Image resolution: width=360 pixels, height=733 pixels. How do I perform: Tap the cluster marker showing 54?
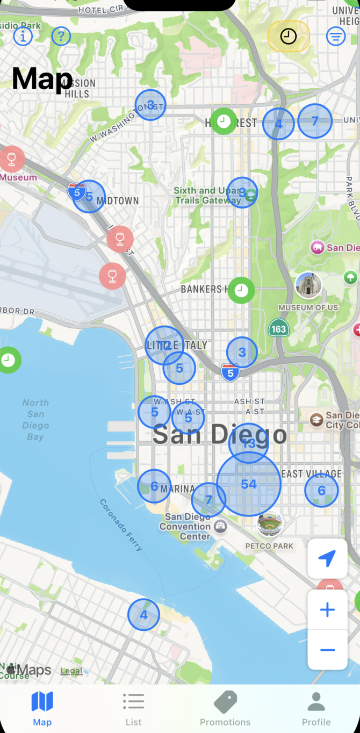(249, 484)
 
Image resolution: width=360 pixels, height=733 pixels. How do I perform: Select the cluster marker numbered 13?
(248, 443)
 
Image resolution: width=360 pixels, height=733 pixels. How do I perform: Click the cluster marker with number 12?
(164, 346)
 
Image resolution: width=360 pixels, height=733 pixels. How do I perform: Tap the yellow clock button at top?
(289, 36)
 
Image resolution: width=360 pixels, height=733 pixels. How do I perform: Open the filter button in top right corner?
(336, 36)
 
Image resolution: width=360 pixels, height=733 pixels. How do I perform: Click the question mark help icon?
(61, 36)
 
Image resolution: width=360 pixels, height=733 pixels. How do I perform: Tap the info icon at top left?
(23, 36)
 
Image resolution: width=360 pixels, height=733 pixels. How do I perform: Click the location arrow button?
(327, 559)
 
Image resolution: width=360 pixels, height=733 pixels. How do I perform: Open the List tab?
(133, 709)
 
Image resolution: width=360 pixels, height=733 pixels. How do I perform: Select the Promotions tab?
(225, 709)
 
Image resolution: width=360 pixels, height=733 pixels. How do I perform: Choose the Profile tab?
(316, 709)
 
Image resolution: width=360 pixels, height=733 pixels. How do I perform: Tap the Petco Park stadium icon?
(270, 524)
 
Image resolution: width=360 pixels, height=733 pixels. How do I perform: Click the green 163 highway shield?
(278, 328)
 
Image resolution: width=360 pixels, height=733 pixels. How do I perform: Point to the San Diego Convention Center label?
(188, 526)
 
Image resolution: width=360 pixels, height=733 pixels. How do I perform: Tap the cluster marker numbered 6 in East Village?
(322, 490)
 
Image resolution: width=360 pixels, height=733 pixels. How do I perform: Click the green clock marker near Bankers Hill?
(241, 290)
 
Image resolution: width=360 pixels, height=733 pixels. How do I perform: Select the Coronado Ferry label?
(121, 524)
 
